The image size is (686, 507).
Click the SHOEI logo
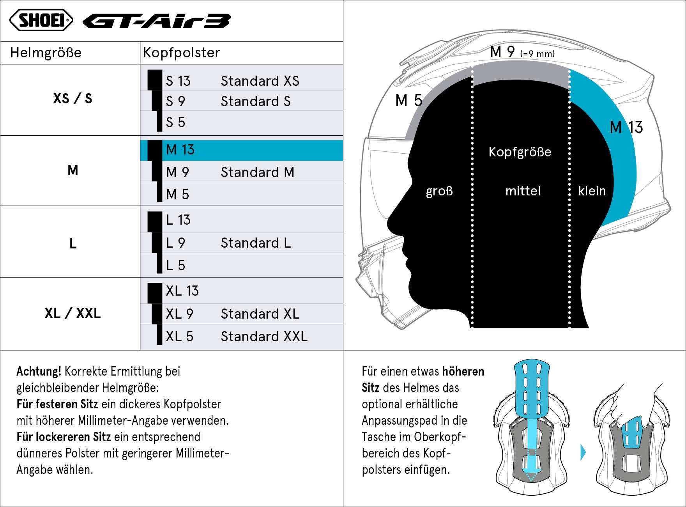pyautogui.click(x=41, y=20)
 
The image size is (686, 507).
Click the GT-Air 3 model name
pyautogui.click(x=157, y=21)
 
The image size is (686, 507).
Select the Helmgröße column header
pyautogui.click(x=46, y=53)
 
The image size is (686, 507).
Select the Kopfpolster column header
pyautogui.click(x=182, y=53)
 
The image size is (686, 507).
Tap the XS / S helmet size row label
pyautogui.click(x=73, y=98)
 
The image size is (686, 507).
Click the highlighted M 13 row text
pyautogui.click(x=180, y=150)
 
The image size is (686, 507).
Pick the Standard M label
pyautogui.click(x=257, y=172)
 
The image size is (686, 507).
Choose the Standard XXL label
pyautogui.click(x=264, y=337)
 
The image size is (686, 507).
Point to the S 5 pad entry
pyautogui.click(x=175, y=122)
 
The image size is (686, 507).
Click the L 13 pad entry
pyautogui.click(x=178, y=220)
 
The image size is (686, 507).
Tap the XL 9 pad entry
pyautogui.click(x=179, y=314)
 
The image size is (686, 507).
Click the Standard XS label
pyautogui.click(x=260, y=81)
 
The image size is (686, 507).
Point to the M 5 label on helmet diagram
pyautogui.click(x=409, y=101)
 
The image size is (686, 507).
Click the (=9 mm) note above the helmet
pyautogui.click(x=537, y=54)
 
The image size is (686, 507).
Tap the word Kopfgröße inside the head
pyautogui.click(x=520, y=152)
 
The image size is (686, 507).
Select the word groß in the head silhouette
pyautogui.click(x=439, y=191)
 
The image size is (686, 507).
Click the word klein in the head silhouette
pyautogui.click(x=592, y=191)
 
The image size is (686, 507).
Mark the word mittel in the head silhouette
pyautogui.click(x=523, y=191)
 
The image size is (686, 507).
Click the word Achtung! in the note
pyautogui.click(x=39, y=371)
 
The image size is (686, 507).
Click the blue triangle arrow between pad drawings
pyautogui.click(x=583, y=452)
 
